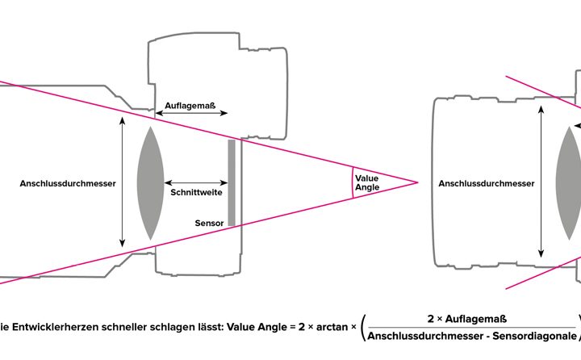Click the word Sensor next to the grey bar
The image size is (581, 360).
tap(208, 222)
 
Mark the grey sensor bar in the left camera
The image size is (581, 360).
tap(232, 183)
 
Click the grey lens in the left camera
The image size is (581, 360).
tap(150, 183)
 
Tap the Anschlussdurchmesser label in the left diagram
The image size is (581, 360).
tap(68, 183)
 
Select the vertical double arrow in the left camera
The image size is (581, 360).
tap(123, 182)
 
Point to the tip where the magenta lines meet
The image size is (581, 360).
tap(417, 182)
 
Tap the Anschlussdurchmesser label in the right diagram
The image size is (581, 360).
tap(486, 183)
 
